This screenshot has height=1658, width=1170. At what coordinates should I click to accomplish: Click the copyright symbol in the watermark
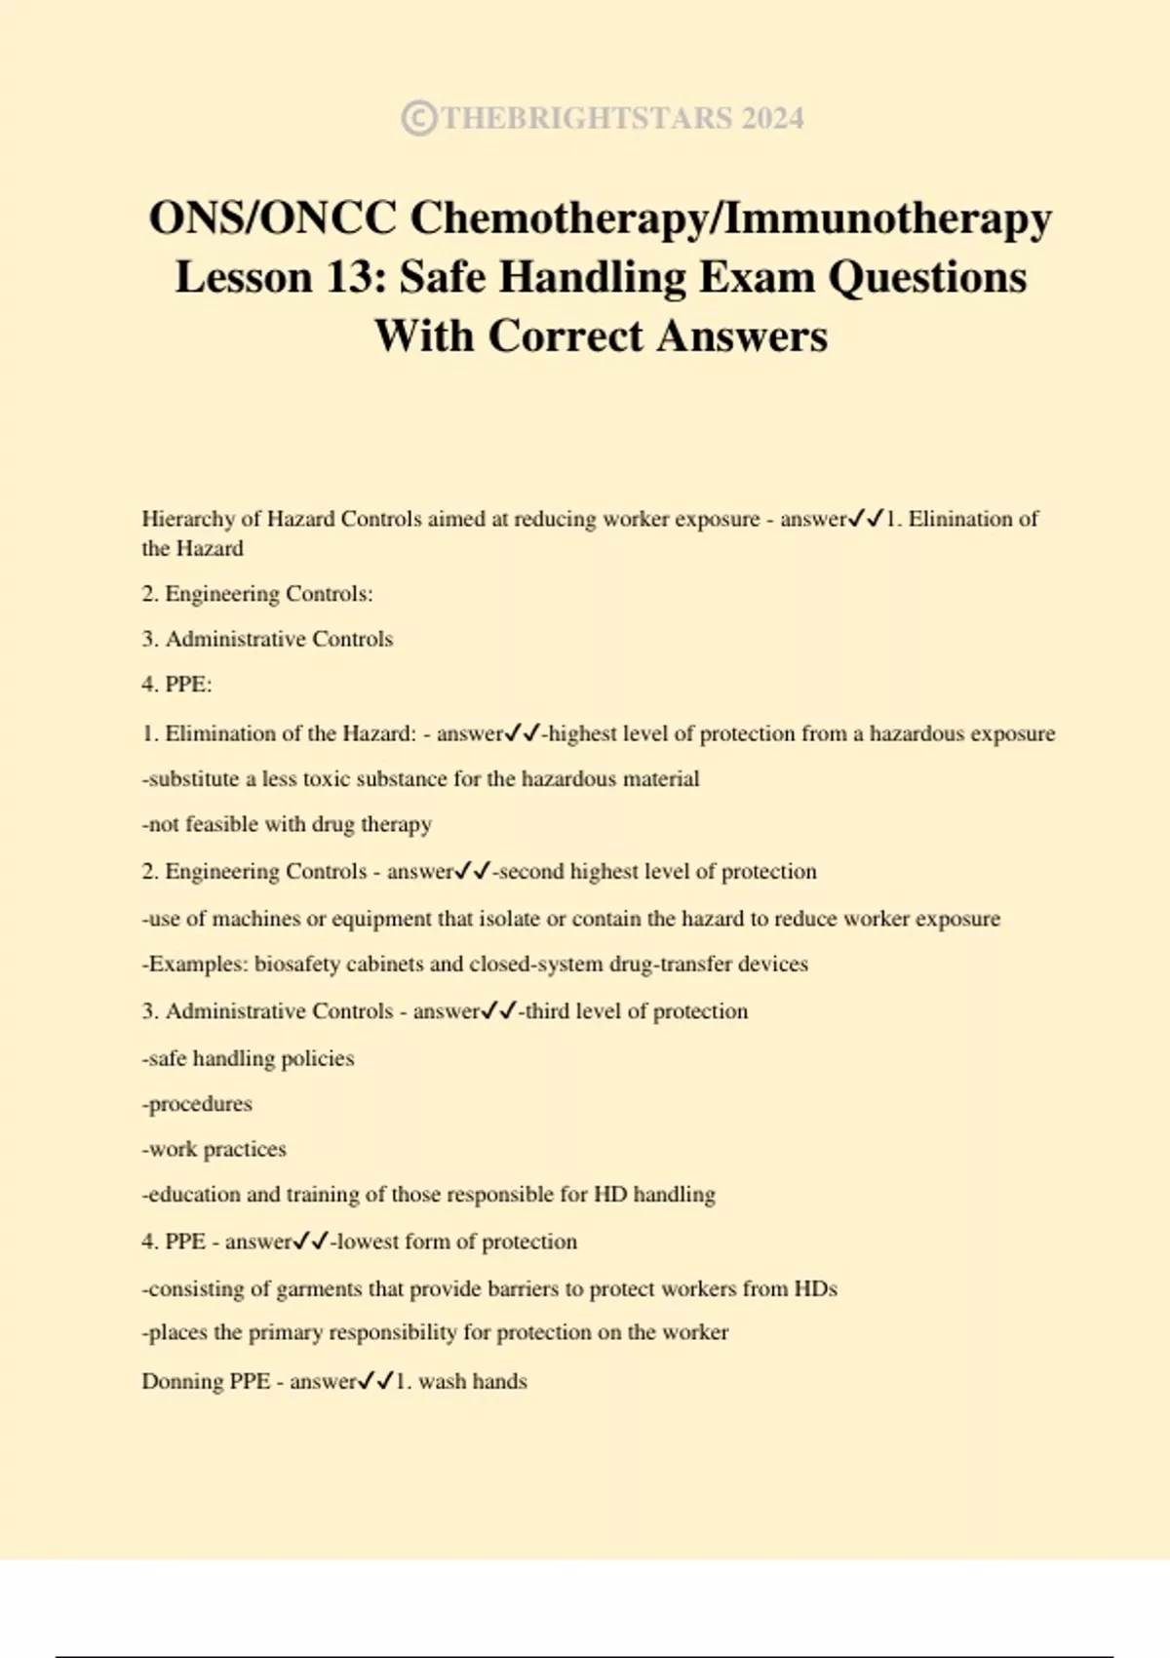[x=418, y=119]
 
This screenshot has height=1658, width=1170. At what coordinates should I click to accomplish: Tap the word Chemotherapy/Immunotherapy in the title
[x=730, y=217]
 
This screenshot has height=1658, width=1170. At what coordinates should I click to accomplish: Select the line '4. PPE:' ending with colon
[x=176, y=685]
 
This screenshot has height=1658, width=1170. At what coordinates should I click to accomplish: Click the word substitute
[x=193, y=779]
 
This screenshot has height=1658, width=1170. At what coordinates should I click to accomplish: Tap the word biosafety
[x=299, y=965]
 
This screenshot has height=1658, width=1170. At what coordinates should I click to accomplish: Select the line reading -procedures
[x=197, y=1104]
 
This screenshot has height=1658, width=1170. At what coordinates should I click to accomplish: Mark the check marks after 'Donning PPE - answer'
[x=376, y=1381]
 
